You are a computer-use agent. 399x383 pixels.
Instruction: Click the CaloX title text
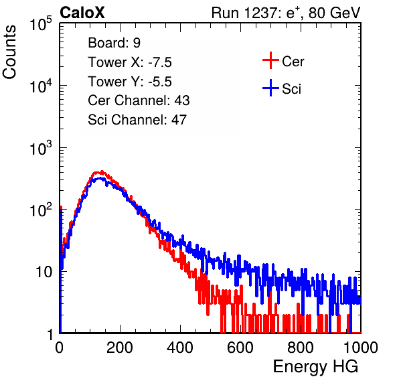click(82, 13)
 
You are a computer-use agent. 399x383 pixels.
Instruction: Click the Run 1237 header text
click(286, 13)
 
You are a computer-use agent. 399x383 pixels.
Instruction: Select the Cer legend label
click(293, 62)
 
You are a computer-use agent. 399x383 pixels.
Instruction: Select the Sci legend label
click(291, 89)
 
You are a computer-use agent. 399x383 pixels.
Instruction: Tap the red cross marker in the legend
click(270, 60)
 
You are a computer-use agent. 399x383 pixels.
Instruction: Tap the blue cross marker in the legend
click(270, 88)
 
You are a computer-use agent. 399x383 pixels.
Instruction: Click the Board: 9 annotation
click(114, 43)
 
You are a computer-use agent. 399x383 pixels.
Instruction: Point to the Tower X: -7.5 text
click(130, 62)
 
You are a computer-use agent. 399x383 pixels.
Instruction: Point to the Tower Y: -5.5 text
click(130, 82)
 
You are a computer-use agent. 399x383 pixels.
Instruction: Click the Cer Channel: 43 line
click(139, 100)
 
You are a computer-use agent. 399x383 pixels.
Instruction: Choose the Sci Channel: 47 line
click(137, 120)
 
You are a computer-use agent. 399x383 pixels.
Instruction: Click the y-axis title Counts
click(9, 52)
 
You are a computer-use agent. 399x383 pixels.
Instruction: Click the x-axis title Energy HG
click(315, 366)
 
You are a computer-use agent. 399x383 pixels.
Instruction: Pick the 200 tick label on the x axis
click(120, 348)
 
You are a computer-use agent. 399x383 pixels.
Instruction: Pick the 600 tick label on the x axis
click(240, 348)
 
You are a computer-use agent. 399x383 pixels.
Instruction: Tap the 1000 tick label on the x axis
click(361, 348)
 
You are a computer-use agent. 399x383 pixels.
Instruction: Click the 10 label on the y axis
click(44, 272)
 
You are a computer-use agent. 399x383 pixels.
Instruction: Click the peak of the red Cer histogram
click(102, 171)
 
